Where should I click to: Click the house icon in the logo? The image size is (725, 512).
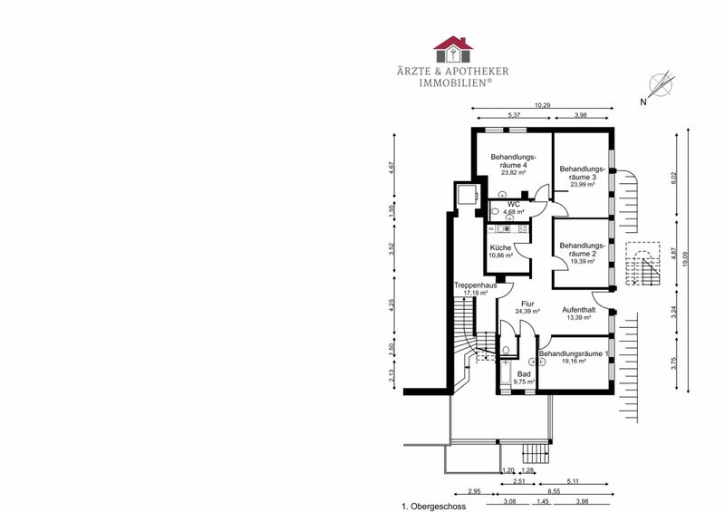(x=453, y=49)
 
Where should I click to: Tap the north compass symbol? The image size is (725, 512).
(x=662, y=85)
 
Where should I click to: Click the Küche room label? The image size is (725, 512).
(x=501, y=248)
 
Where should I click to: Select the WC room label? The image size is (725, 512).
(x=513, y=205)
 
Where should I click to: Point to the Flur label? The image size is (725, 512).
(x=527, y=304)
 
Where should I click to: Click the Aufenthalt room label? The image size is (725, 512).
(x=578, y=310)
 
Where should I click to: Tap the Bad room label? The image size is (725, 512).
(x=524, y=374)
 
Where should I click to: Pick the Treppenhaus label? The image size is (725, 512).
(x=475, y=285)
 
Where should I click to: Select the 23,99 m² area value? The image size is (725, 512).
(x=582, y=184)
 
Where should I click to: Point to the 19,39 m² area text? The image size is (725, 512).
(x=582, y=261)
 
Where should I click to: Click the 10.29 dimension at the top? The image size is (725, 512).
(x=542, y=105)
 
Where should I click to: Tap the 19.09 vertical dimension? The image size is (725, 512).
(x=685, y=258)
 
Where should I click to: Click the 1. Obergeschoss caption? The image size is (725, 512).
(x=434, y=507)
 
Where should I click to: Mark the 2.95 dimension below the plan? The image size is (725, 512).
(x=474, y=491)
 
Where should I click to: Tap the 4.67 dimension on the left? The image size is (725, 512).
(x=391, y=167)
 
